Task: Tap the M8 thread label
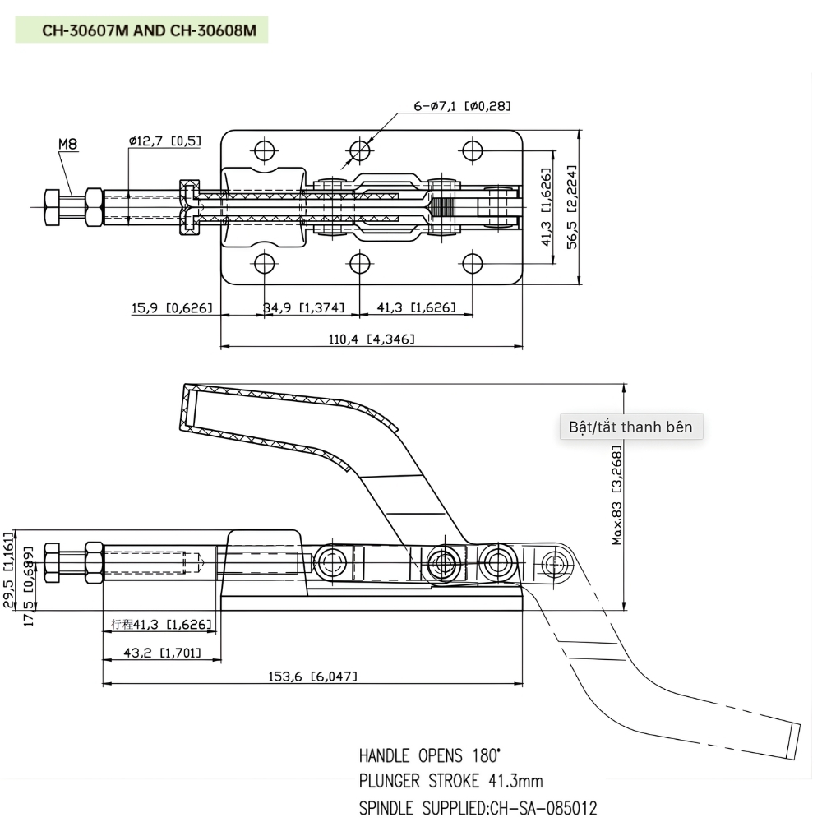point(67,145)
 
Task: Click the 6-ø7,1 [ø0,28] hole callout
point(462,106)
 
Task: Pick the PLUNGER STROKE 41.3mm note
point(450,781)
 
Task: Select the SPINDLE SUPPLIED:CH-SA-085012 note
point(478,808)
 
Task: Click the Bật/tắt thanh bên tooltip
point(630,427)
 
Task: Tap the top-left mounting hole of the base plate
point(264,151)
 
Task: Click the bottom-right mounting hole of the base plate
point(472,264)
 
